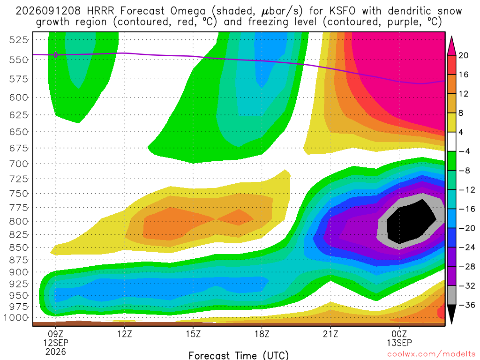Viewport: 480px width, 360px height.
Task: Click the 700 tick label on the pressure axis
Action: click(19, 164)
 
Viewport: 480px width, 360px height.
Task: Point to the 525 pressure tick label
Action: click(19, 40)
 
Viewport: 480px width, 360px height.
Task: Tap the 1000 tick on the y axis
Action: click(16, 318)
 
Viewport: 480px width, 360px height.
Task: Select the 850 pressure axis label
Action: click(19, 247)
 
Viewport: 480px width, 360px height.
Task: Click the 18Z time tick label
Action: click(262, 334)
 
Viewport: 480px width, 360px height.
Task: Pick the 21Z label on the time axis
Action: click(330, 334)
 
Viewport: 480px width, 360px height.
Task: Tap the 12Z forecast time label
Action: click(125, 334)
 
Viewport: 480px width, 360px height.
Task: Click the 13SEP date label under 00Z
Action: click(399, 343)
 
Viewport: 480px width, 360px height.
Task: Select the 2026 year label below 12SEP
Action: click(56, 352)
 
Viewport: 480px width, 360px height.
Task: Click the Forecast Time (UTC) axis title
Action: click(239, 355)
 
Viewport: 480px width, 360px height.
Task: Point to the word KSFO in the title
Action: click(342, 11)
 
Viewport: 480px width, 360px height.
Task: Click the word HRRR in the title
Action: click(100, 11)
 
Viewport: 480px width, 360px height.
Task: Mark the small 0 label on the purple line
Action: click(56, 55)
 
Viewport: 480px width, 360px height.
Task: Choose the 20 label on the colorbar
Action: click(463, 55)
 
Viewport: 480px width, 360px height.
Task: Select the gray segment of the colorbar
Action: click(451, 295)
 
